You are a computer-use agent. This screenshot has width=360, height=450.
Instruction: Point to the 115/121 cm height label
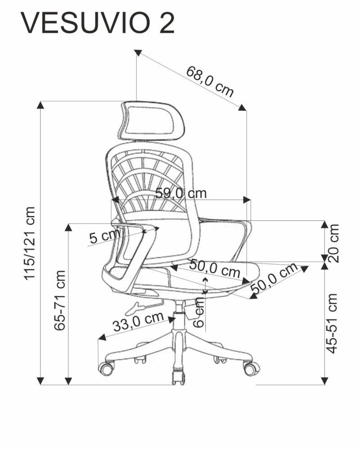30,243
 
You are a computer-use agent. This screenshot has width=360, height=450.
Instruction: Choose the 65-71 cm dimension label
59,300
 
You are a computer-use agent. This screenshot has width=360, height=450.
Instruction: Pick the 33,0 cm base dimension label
138,321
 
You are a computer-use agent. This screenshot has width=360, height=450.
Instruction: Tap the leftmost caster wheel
106,368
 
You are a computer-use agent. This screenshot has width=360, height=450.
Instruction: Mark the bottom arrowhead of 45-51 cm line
324,381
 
